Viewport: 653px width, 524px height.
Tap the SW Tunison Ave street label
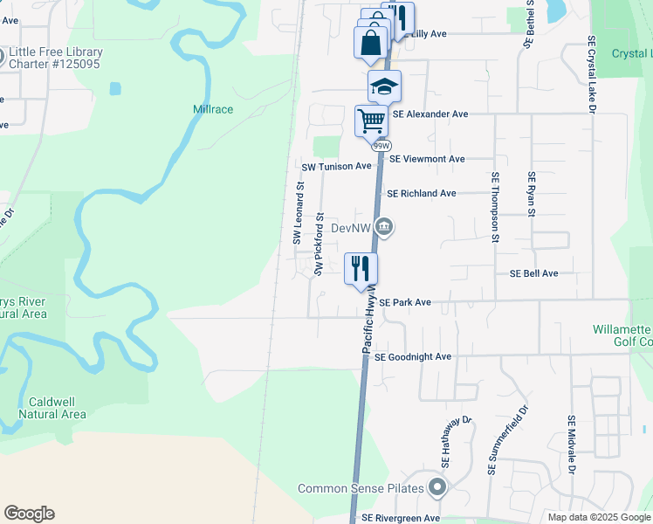[336, 166]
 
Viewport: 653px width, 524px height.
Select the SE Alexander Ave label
[430, 114]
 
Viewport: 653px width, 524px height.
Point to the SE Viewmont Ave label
[427, 159]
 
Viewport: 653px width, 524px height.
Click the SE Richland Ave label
[421, 193]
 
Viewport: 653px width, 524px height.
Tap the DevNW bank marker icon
[385, 228]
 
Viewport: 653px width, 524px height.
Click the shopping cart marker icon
[372, 121]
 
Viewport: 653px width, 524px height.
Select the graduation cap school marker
[383, 86]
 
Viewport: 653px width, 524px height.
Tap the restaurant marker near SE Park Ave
[361, 267]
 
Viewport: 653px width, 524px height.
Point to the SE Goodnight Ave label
[412, 356]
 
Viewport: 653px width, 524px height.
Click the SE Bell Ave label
[533, 273]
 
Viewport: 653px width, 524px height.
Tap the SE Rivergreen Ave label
[401, 518]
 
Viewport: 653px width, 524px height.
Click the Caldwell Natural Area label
[58, 408]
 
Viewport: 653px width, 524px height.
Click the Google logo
[29, 514]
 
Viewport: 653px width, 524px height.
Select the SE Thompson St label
[495, 207]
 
